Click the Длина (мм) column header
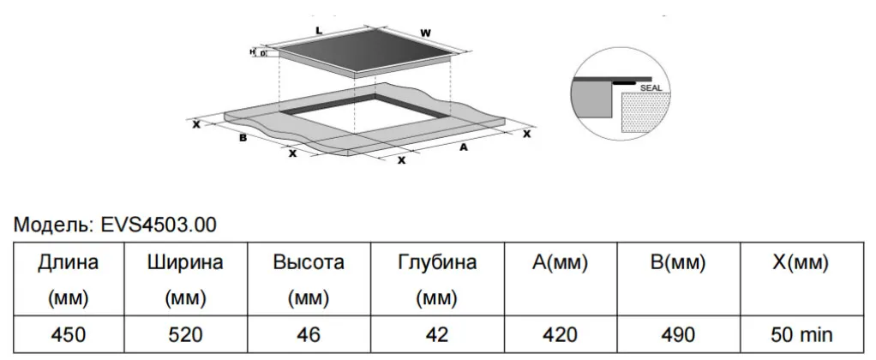69,279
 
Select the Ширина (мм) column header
185,279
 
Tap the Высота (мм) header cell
309,279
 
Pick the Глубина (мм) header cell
437,279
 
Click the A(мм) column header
560,279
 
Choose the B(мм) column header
678,279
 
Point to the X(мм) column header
801,279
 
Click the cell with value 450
69,334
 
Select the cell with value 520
185,334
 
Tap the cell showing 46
309,334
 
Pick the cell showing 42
437,334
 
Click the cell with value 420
560,334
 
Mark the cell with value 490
678,334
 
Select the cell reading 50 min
801,334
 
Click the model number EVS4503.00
158,225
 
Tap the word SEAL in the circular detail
651,88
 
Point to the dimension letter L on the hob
319,31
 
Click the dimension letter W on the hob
426,33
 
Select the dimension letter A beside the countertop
463,147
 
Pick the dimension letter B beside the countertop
243,137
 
